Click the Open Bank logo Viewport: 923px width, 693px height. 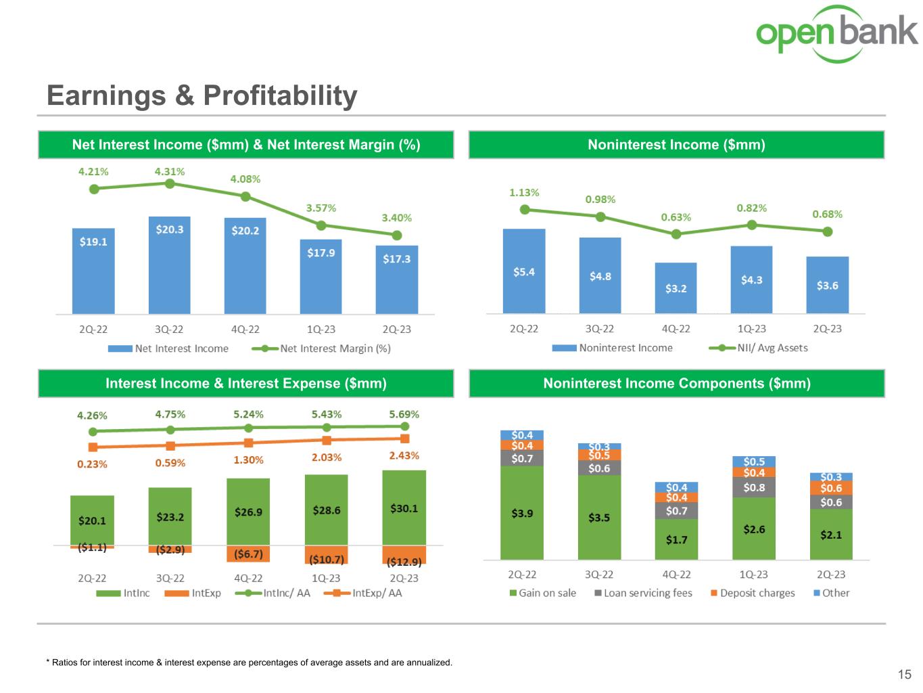click(x=836, y=33)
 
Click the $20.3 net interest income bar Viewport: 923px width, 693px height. click(x=170, y=265)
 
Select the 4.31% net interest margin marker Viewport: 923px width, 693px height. click(x=170, y=183)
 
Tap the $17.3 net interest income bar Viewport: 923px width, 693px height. click(x=397, y=279)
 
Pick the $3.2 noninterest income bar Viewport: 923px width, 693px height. click(x=676, y=288)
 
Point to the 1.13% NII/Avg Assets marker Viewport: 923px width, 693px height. click(x=525, y=210)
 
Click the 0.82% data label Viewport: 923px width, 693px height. click(x=751, y=208)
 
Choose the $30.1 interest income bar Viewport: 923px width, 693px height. click(x=404, y=508)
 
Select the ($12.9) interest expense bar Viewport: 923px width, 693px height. click(x=404, y=556)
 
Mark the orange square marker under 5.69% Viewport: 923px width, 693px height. click(x=404, y=439)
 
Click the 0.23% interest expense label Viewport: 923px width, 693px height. click(x=92, y=464)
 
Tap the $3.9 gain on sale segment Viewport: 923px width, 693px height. click(x=522, y=512)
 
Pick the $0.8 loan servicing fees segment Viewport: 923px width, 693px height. click(x=754, y=487)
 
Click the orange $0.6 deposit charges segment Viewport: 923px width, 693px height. click(x=831, y=488)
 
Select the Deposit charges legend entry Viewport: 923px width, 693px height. click(x=753, y=593)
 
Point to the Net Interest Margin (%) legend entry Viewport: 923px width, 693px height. click(x=321, y=349)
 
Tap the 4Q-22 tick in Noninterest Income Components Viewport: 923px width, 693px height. click(x=676, y=575)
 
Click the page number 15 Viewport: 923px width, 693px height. click(x=904, y=674)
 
